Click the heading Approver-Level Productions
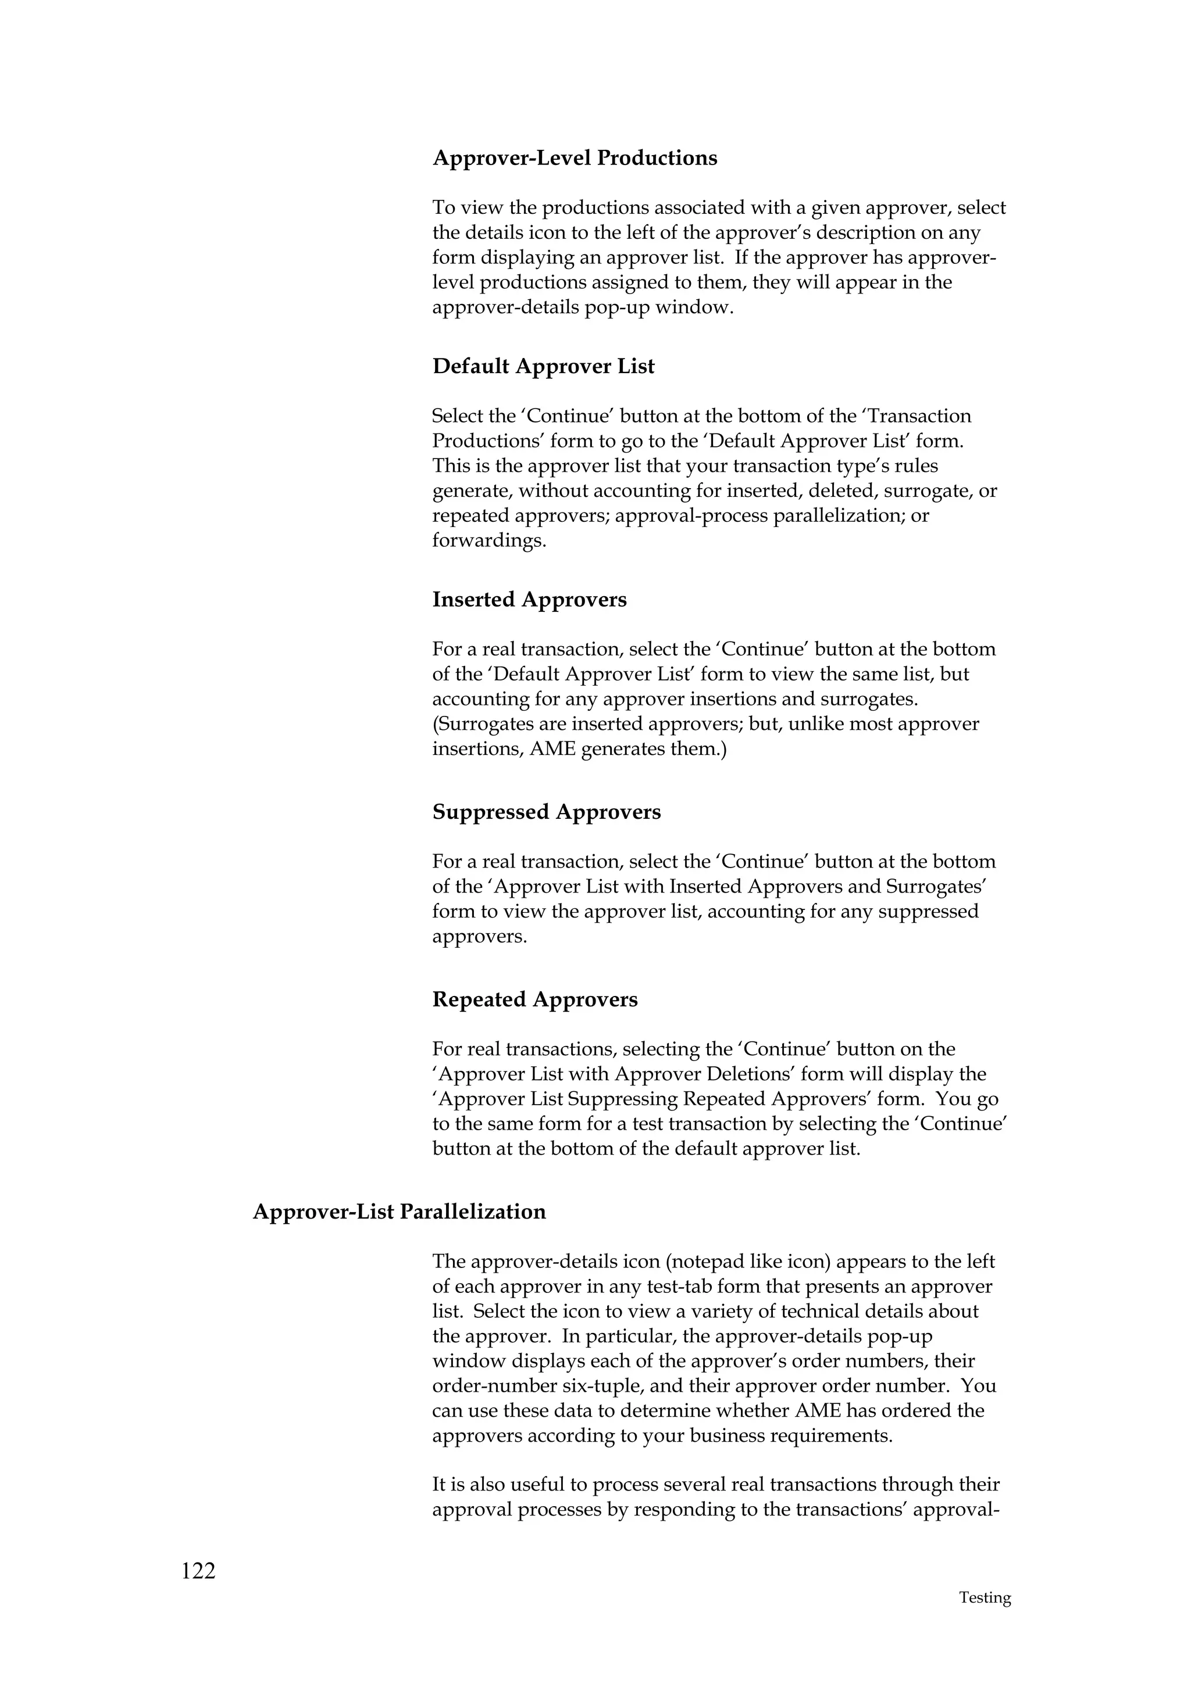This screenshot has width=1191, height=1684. [x=575, y=159]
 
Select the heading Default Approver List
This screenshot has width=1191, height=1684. [x=543, y=367]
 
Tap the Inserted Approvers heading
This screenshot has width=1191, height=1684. [x=529, y=600]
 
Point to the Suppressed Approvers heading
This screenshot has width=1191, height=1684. [x=546, y=812]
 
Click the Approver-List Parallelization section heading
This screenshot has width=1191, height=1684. [x=399, y=1212]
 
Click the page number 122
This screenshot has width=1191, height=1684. [x=198, y=1571]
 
